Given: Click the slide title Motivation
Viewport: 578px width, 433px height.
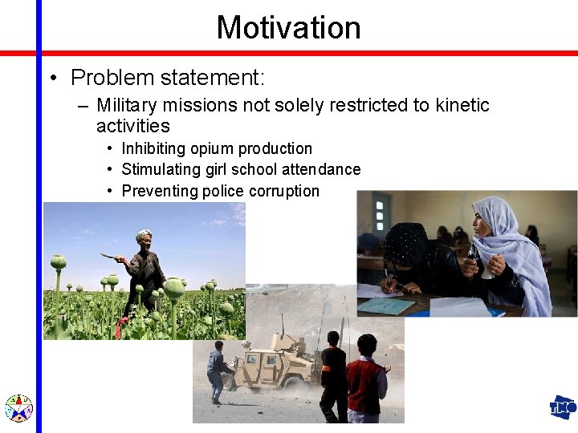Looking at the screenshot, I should tap(288, 27).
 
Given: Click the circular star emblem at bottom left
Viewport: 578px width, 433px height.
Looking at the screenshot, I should tap(18, 408).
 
